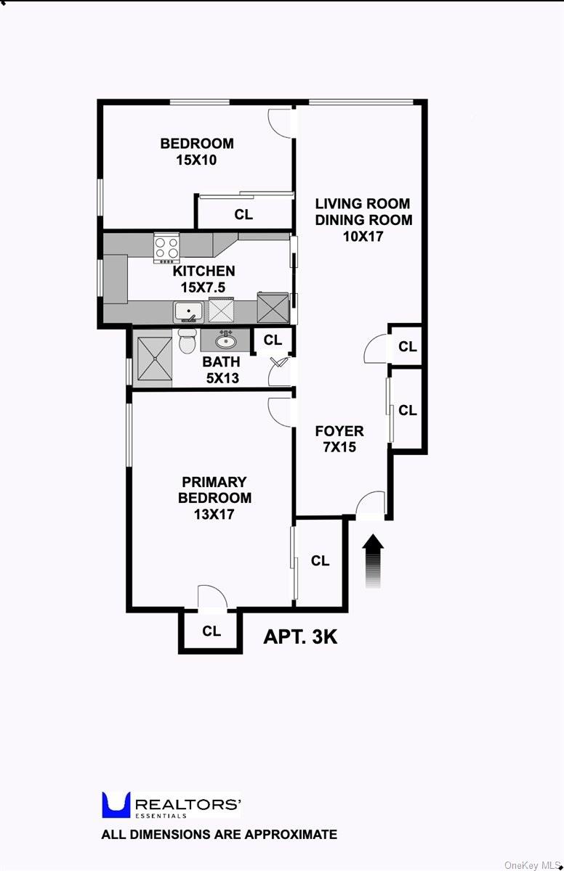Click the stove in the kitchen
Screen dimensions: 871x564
[166, 247]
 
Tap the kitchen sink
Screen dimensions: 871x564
[188, 311]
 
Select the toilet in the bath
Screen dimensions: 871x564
[187, 340]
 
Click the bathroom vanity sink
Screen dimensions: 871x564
[225, 339]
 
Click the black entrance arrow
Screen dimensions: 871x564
[373, 560]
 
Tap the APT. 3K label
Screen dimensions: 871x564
[300, 637]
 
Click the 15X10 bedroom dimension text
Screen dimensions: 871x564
[196, 160]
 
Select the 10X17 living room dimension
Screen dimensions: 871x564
[363, 236]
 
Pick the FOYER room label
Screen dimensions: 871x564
[339, 431]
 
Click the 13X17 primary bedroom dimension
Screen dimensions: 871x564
[214, 514]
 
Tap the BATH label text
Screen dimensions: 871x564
[221, 361]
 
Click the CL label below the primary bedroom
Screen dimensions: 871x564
[211, 631]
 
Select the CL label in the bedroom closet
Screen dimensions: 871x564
[243, 215]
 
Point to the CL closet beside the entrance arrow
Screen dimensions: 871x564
[320, 560]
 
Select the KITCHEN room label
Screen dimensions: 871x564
[204, 271]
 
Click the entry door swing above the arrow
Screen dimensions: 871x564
[372, 504]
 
